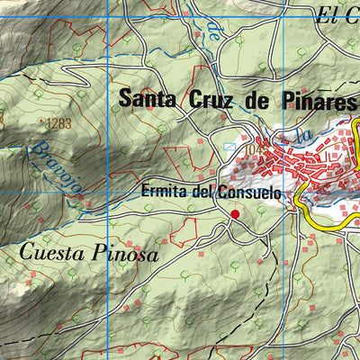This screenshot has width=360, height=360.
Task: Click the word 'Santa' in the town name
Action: click(147, 98)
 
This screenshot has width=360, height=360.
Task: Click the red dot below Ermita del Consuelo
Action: click(235, 213)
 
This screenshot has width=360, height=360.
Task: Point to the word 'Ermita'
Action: click(159, 193)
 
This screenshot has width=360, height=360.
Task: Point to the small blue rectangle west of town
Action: click(229, 145)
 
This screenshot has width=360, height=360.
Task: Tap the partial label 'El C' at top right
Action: click(338, 13)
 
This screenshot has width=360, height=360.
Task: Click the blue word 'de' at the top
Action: click(213, 34)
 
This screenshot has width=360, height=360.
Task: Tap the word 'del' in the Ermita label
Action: click(202, 193)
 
